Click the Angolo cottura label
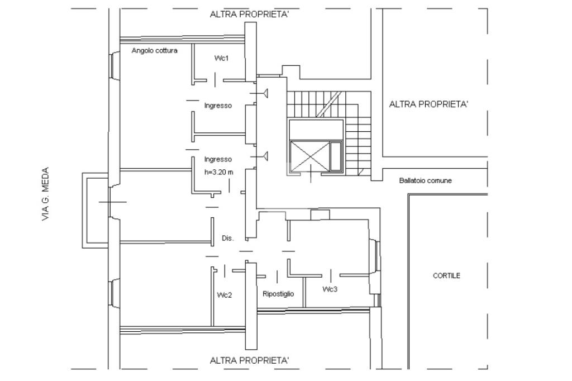tap(154, 50)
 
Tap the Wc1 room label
tap(221, 58)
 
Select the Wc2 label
tap(225, 295)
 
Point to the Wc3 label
tap(330, 289)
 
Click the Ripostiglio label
tap(278, 294)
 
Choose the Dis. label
tap(228, 238)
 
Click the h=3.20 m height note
tap(218, 172)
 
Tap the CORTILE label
tap(446, 275)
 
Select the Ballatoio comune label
tap(425, 180)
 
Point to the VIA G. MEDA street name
tap(45, 194)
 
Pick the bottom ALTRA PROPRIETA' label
tap(250, 360)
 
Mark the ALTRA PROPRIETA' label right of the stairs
tap(428, 104)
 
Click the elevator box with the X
tap(309, 156)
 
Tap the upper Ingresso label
tap(218, 106)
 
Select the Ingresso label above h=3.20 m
tap(218, 159)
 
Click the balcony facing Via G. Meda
tap(86, 211)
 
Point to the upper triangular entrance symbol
tap(265, 93)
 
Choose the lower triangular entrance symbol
tap(265, 156)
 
